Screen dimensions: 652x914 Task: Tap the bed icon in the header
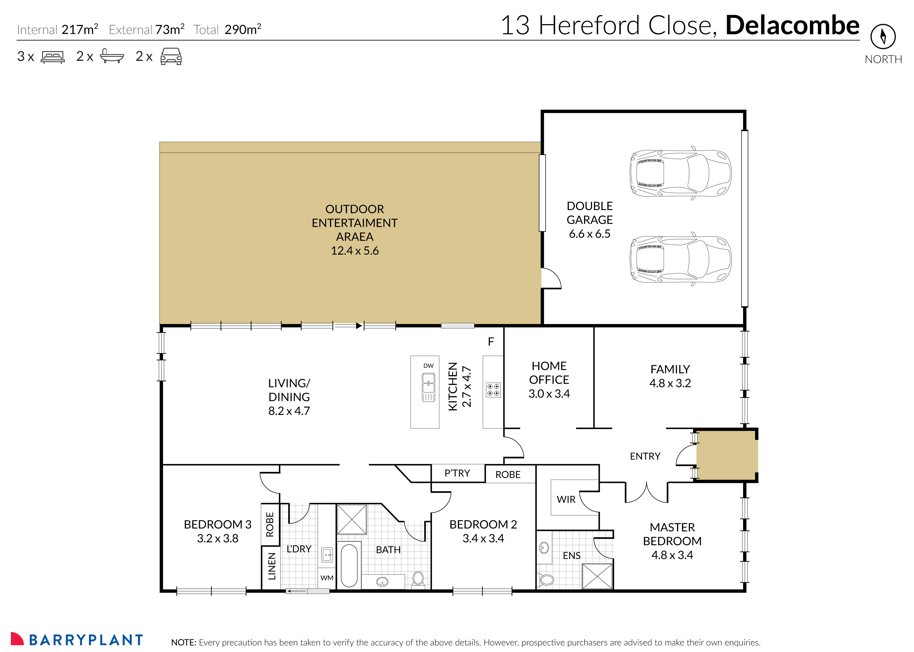coord(53,57)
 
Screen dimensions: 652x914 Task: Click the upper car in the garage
coord(680,173)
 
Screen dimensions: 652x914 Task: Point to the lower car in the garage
coord(680,259)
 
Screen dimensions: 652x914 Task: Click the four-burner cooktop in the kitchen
coord(493,389)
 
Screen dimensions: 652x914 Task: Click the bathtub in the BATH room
coord(349,565)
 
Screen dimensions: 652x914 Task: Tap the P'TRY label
coord(457,473)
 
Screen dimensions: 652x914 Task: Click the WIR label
coord(566,500)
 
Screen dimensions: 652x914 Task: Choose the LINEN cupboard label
coord(272,566)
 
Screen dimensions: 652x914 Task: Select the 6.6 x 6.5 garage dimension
coord(589,234)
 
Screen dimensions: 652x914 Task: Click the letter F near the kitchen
coord(490,342)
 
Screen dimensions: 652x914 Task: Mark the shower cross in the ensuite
coord(597,576)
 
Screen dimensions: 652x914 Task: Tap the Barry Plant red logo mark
coord(17,639)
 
